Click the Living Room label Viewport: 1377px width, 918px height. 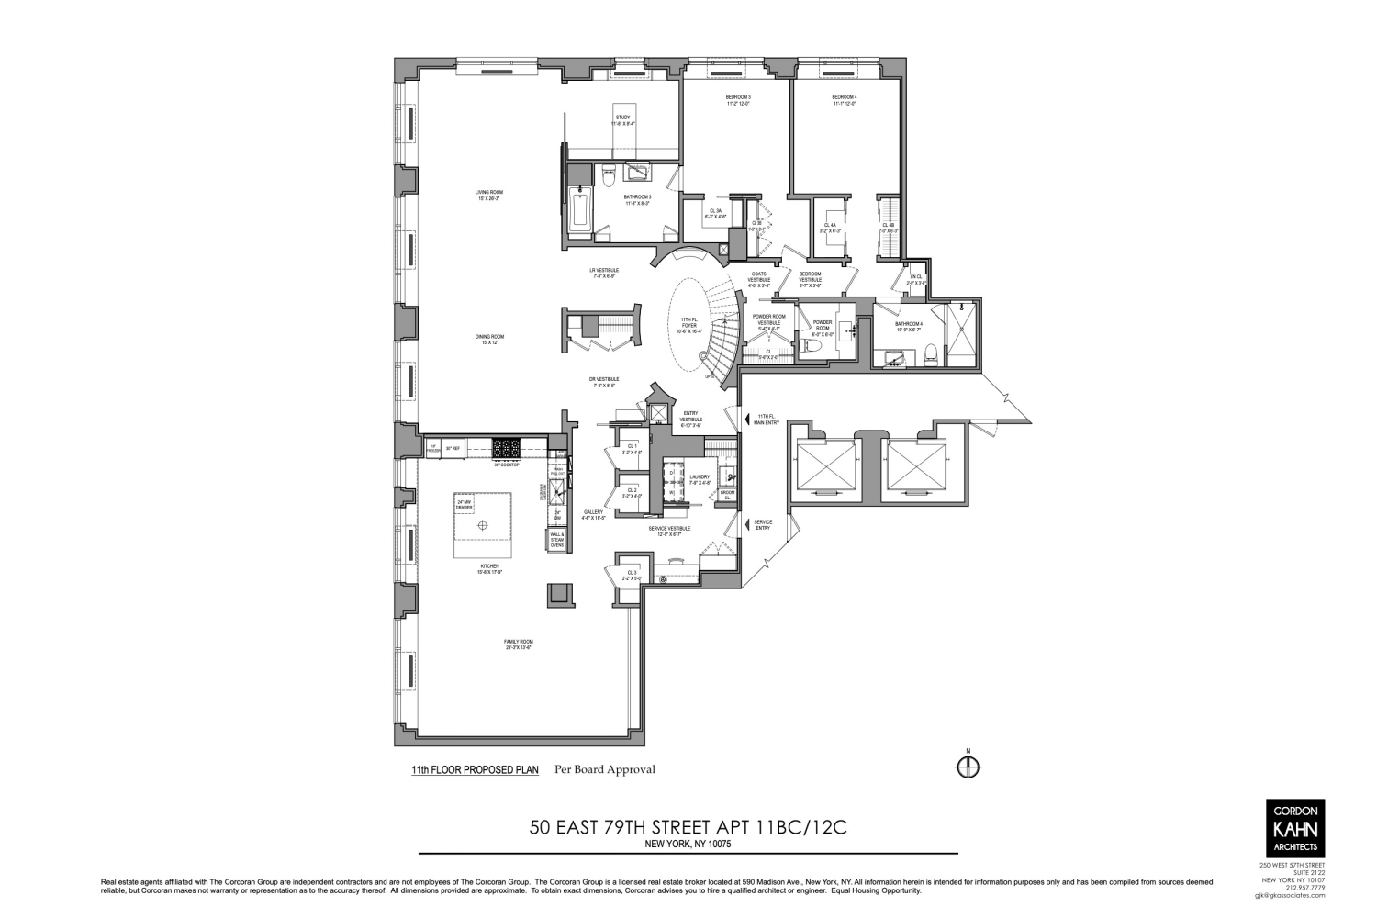tap(489, 195)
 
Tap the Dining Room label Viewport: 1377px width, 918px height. tap(489, 339)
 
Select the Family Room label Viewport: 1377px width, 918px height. tap(519, 644)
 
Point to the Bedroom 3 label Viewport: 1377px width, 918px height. tap(738, 100)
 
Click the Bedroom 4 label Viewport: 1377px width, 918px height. tap(844, 100)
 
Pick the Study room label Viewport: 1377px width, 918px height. tap(623, 119)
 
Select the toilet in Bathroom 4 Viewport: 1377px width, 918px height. tap(930, 351)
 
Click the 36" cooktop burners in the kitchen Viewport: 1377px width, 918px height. tap(507, 449)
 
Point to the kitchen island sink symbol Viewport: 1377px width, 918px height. tap(484, 526)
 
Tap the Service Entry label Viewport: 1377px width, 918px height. tap(763, 524)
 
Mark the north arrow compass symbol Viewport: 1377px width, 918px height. tap(968, 767)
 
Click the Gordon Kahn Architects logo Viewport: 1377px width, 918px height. tap(1294, 827)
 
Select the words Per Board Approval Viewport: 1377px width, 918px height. tap(604, 769)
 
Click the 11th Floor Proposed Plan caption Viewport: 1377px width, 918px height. tap(475, 770)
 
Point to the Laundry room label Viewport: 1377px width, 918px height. tap(699, 479)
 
